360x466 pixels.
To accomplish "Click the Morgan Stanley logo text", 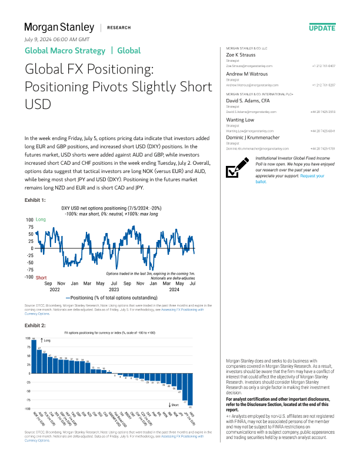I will click(x=59, y=27).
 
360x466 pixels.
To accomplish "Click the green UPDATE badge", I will click(x=322, y=28).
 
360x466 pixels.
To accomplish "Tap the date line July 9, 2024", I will click(x=52, y=39).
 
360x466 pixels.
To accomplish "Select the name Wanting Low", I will click(x=241, y=119).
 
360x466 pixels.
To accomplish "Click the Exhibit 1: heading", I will click(x=35, y=201).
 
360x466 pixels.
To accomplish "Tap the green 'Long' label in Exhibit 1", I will click(x=41, y=219).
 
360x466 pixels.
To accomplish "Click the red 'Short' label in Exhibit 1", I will click(x=41, y=277).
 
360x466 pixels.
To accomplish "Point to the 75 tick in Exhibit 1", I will click(x=30, y=227).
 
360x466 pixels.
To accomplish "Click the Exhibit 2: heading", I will click(x=35, y=325).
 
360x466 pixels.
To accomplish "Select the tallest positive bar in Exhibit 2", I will click(x=34, y=357).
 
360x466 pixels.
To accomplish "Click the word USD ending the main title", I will click(x=38, y=104).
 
